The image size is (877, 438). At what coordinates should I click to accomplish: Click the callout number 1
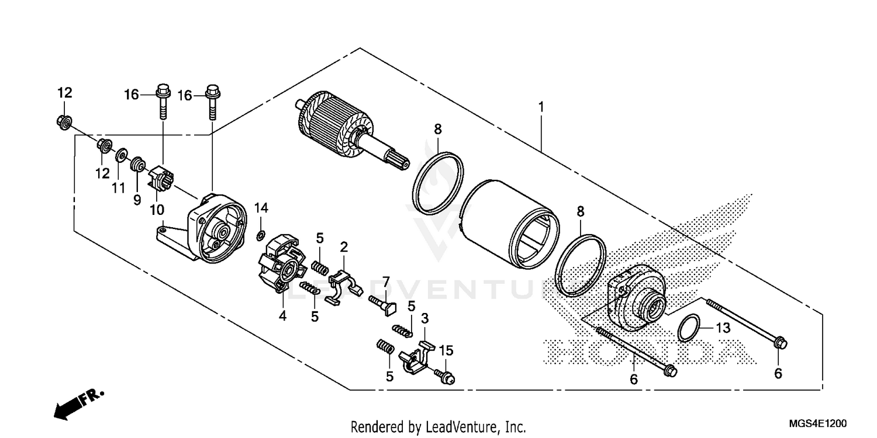coord(541,107)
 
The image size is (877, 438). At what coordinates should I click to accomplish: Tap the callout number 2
coord(344,246)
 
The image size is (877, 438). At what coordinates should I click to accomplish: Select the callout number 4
coord(282,316)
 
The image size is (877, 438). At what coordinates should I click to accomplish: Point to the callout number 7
coord(386,282)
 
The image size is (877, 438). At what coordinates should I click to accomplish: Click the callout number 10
coord(157,208)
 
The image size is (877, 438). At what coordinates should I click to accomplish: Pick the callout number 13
coord(723,328)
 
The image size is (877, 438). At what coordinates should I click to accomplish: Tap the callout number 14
coord(261,208)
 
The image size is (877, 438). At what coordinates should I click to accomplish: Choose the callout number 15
coord(446,351)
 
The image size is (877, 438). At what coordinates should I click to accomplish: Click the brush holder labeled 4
coord(282,266)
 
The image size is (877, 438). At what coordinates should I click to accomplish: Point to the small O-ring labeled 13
coord(689,327)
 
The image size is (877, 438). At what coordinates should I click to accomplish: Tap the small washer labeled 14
coord(260,235)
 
